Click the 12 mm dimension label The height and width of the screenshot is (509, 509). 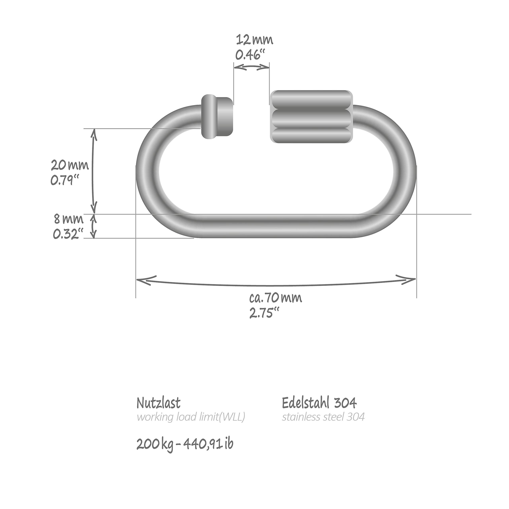(x=254, y=40)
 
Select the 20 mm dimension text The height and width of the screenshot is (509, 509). (x=70, y=165)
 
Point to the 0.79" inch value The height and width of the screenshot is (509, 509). (x=65, y=181)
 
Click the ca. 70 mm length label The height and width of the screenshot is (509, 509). (x=276, y=298)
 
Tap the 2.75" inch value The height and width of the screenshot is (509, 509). (x=264, y=313)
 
